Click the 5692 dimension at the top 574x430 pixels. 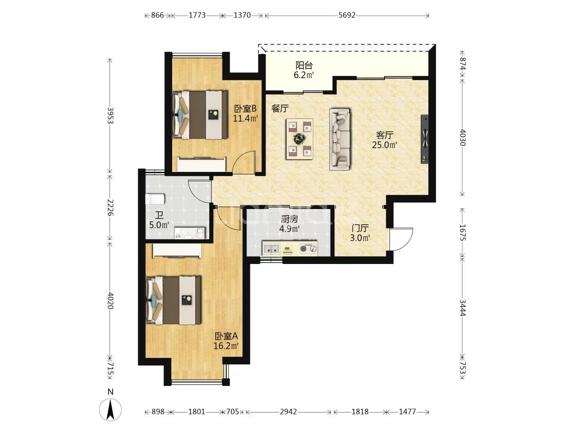(x=347, y=15)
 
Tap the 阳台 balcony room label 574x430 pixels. (x=304, y=65)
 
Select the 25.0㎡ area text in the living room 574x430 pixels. (x=385, y=145)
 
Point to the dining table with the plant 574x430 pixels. (x=300, y=139)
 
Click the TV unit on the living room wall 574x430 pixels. (x=425, y=139)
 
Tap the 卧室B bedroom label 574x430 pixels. (x=245, y=108)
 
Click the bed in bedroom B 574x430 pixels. (x=200, y=115)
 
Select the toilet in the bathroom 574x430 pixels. (x=155, y=199)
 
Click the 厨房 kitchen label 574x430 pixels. (x=289, y=219)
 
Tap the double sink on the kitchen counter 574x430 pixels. (x=271, y=248)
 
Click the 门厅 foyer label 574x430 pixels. (x=360, y=228)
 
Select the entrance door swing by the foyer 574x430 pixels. (x=401, y=239)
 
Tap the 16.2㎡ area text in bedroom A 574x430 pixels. (x=226, y=346)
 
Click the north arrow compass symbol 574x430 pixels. (x=110, y=410)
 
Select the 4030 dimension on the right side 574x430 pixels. (x=462, y=137)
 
